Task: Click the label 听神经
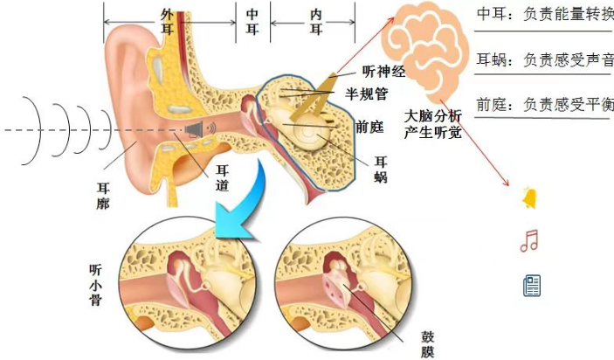click(383, 72)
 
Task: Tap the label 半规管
click(367, 94)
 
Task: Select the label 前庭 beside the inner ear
click(369, 128)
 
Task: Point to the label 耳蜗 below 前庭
click(381, 170)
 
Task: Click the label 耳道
click(223, 178)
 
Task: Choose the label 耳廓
click(103, 196)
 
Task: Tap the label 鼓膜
click(427, 344)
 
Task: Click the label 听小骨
click(96, 285)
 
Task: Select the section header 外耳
click(167, 22)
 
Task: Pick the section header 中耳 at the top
click(252, 22)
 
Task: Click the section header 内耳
click(315, 22)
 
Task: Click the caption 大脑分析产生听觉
click(432, 124)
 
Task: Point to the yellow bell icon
click(529, 198)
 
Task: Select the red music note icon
click(529, 240)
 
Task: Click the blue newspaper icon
click(532, 285)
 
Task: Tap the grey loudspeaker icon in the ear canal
click(201, 129)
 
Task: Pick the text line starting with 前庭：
click(545, 105)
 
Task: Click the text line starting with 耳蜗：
click(545, 60)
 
